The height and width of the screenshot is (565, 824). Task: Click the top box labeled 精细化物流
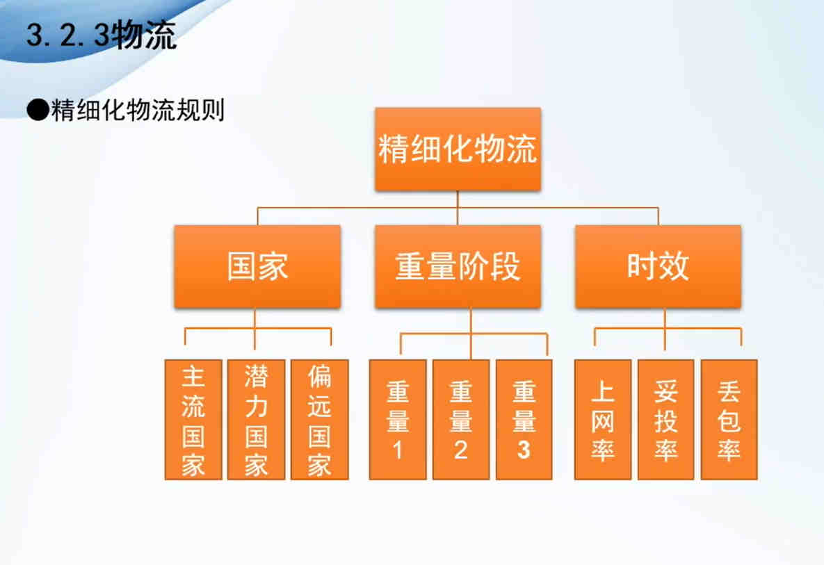458,149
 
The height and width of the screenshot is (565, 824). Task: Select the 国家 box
257,266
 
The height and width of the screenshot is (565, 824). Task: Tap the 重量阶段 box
458,266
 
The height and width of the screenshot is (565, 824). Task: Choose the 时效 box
658,266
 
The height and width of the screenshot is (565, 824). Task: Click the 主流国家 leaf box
193,420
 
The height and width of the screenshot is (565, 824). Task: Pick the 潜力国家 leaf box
257,420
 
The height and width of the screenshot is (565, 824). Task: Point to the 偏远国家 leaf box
319,420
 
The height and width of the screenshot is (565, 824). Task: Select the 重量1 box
398,420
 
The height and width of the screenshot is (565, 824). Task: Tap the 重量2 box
461,420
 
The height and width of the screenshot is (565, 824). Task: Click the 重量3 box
524,420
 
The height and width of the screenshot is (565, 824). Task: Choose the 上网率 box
603,420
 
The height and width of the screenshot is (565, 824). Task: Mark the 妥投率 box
666,420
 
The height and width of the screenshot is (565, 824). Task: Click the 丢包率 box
729,420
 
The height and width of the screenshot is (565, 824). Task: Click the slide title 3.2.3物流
102,35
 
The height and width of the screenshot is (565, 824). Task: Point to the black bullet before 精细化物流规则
38,110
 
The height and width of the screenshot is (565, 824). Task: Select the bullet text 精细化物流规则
138,110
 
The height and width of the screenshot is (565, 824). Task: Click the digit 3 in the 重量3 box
524,450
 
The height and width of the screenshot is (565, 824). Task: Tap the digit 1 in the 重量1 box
398,450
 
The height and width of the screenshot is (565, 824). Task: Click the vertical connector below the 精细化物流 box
458,208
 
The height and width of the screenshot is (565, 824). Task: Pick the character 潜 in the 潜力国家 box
257,376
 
